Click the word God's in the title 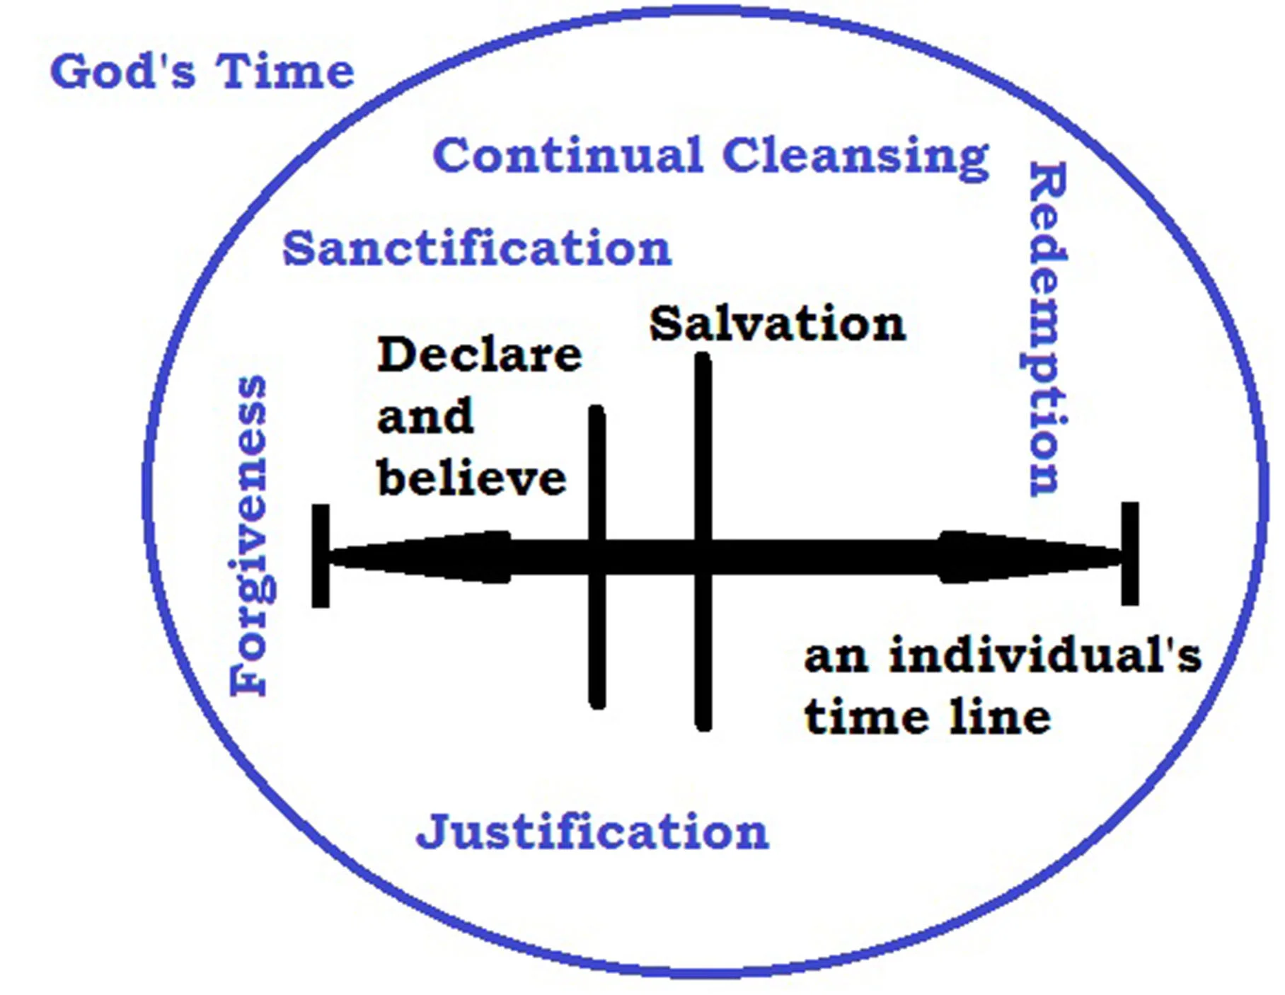tap(122, 71)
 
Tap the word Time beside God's tap(284, 71)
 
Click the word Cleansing tap(855, 157)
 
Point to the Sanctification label tap(476, 248)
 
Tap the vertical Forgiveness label tap(249, 535)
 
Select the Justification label tap(592, 832)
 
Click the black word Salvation tap(777, 324)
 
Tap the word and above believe tap(425, 416)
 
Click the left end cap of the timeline tap(321, 556)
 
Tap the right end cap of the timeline tap(1129, 553)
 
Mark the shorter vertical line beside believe tap(597, 637)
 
